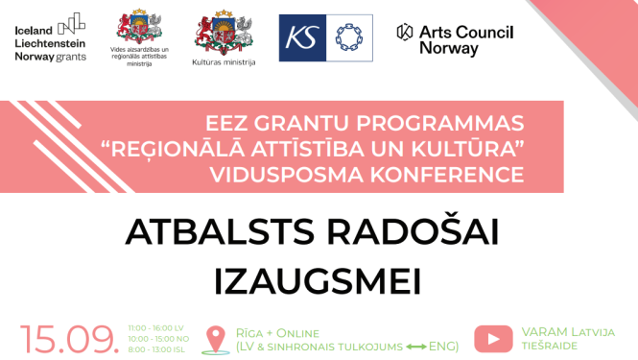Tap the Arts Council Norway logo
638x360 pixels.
(455, 38)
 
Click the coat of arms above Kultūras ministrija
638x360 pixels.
(224, 31)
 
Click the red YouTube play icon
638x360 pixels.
(493, 338)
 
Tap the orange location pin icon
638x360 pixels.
(214, 339)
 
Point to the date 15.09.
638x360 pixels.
(70, 338)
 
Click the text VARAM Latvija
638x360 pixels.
(568, 332)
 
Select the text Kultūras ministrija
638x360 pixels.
(224, 62)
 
